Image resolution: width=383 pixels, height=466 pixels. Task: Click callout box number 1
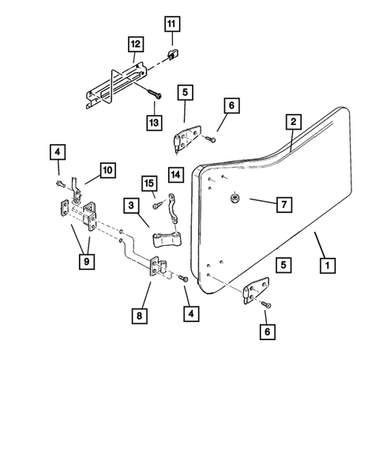pos(325,266)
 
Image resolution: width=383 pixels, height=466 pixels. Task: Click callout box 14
pos(175,173)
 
